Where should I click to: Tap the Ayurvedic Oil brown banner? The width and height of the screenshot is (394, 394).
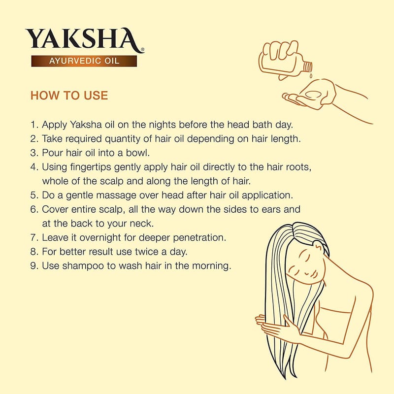pyautogui.click(x=84, y=61)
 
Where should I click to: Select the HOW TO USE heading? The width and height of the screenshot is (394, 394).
pyautogui.click(x=69, y=96)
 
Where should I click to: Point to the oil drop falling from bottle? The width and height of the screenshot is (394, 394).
pyautogui.click(x=311, y=75)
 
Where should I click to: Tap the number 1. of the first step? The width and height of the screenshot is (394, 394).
pyautogui.click(x=34, y=125)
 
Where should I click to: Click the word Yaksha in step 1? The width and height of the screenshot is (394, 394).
pyautogui.click(x=86, y=125)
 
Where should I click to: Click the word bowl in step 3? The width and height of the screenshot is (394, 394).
pyautogui.click(x=138, y=153)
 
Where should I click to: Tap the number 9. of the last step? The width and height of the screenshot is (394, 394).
pyautogui.click(x=34, y=266)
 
